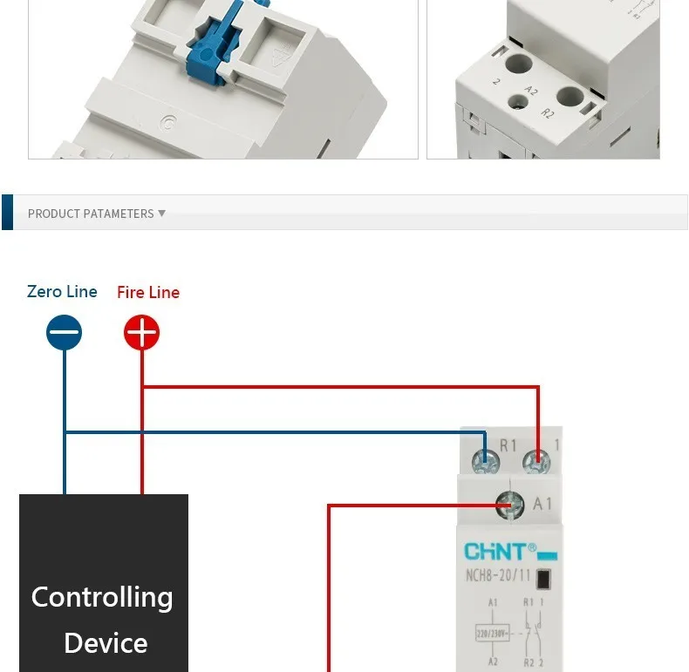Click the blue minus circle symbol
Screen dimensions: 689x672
coord(64,332)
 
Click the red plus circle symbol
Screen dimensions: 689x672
coord(141,332)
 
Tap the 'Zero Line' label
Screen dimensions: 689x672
coord(62,291)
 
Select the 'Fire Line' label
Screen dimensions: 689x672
coord(148,292)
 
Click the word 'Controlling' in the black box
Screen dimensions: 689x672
coord(102,597)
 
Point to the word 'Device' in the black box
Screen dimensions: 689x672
coord(106,643)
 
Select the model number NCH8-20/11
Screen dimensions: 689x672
coord(497,574)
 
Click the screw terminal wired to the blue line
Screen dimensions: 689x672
coord(486,458)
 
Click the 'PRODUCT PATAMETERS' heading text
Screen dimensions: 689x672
coord(91,214)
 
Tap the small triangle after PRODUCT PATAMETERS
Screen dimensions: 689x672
coord(161,213)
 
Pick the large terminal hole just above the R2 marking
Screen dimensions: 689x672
coord(569,96)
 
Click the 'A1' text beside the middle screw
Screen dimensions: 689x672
coord(542,504)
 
